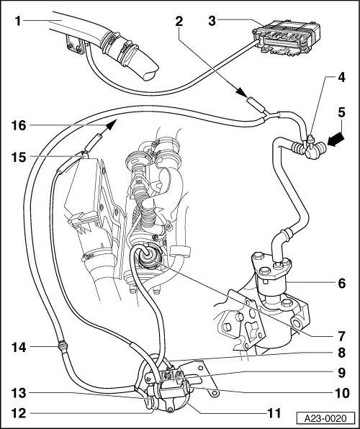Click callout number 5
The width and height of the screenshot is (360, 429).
point(342,112)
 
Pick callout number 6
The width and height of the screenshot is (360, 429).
point(342,283)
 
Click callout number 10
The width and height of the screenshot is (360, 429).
point(342,393)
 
